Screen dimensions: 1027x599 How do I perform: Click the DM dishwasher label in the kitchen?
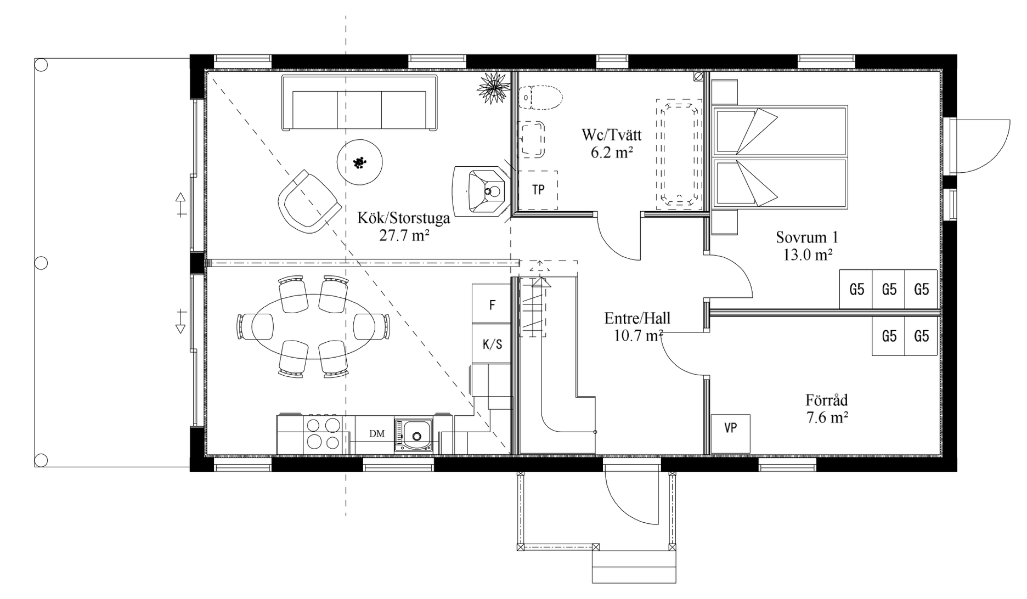tap(377, 434)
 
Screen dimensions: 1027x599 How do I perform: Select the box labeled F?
tap(492, 305)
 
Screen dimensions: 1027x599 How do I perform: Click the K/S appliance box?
tap(492, 344)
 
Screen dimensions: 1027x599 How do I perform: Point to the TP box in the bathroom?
tap(538, 190)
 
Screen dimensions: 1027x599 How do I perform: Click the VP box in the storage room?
tap(730, 428)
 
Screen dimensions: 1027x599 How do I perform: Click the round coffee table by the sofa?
tap(359, 162)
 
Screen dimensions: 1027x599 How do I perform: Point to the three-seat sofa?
tap(359, 103)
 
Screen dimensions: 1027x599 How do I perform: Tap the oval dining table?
tap(314, 326)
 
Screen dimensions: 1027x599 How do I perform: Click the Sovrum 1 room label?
tap(807, 238)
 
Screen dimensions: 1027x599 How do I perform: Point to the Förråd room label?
tap(827, 400)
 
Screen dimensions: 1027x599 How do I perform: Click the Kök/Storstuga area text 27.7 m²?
tap(404, 236)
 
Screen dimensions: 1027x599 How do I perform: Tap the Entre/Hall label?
tap(637, 318)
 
